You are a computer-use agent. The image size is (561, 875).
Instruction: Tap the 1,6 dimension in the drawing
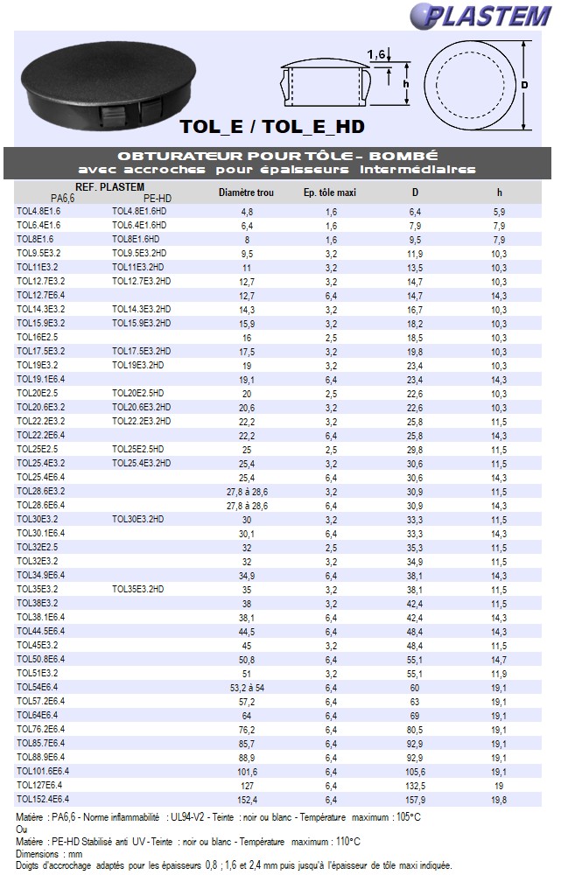[x=377, y=54]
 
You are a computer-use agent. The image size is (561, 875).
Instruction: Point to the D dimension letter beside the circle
[x=524, y=85]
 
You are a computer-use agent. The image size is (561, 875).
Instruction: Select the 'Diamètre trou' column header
[x=246, y=192]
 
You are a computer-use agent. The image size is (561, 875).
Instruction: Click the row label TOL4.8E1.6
[x=39, y=211]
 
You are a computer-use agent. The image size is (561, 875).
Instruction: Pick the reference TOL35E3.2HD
[x=138, y=589]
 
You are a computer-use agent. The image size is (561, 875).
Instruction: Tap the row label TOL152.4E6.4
[x=43, y=799]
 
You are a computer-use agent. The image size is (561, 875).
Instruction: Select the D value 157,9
[x=415, y=800]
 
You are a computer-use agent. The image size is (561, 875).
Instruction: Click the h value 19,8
[x=499, y=800]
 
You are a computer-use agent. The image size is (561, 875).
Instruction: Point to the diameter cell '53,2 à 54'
[x=247, y=688]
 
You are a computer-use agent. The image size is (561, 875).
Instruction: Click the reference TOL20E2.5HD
[x=138, y=393]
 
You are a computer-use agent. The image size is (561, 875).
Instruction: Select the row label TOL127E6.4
[x=40, y=785]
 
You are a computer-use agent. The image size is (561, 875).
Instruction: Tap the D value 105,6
[x=415, y=772]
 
